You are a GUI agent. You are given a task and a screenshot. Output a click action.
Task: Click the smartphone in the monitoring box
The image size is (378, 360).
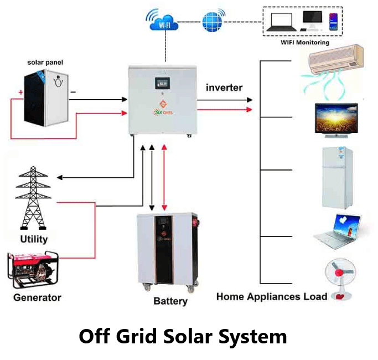pos(333,22)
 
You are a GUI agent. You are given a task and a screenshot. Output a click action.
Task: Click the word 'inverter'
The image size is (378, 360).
pos(224,88)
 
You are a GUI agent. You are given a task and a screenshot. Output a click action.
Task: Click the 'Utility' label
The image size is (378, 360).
pos(34,239)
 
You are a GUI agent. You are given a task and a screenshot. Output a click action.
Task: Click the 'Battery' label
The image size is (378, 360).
pos(170,301)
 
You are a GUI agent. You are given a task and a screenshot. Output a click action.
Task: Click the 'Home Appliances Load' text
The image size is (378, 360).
pos(272,296)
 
